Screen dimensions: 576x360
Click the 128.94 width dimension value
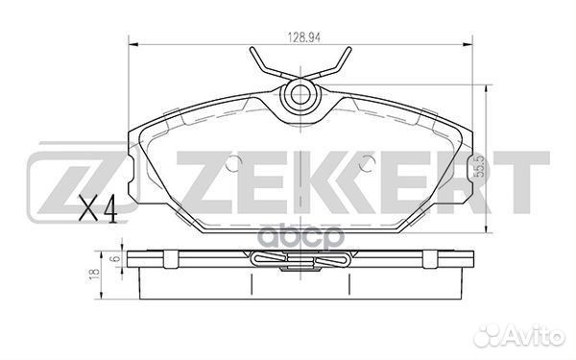(303, 37)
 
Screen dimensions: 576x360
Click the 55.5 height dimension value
(479, 167)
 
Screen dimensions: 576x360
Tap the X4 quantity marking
(98, 208)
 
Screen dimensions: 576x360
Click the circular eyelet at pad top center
(300, 95)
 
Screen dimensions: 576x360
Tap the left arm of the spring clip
(271, 64)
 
